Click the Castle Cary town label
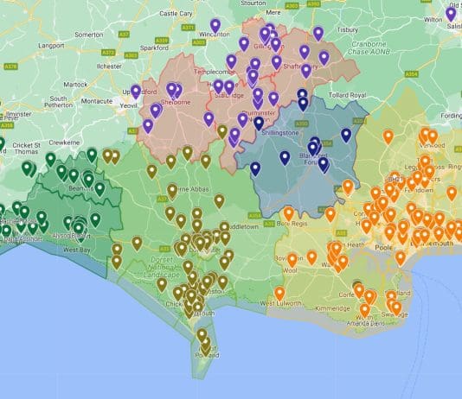[x=176, y=13]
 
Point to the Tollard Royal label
[x=349, y=95]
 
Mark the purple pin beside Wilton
[x=452, y=14]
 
